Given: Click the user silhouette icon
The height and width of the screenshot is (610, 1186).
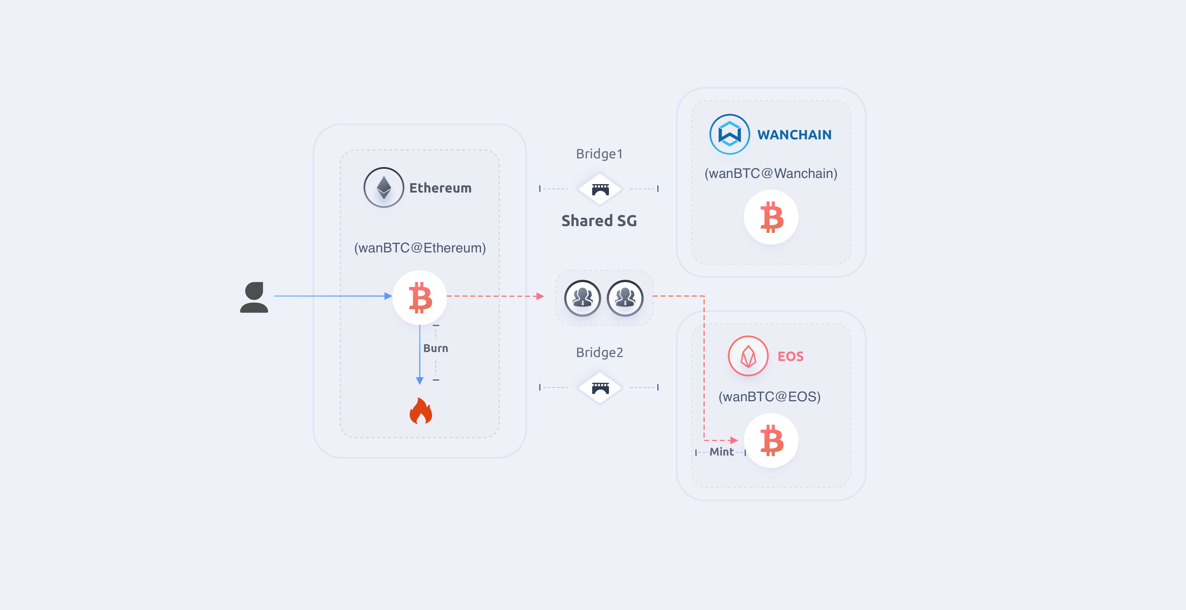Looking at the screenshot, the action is (254, 297).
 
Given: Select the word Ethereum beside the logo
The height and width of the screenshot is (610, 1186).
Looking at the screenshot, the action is (440, 188).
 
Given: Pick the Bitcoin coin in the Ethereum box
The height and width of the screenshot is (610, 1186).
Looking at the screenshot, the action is (420, 297).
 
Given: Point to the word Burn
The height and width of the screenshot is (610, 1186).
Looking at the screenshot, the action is (435, 348).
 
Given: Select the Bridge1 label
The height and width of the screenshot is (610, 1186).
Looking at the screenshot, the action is (599, 154).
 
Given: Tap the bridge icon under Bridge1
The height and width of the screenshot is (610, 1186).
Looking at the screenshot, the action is (600, 189).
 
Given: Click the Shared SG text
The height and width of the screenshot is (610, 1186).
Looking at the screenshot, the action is (599, 221).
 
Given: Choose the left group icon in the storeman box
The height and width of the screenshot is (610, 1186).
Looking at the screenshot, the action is (582, 298).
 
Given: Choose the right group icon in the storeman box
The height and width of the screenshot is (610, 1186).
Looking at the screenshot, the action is (625, 298).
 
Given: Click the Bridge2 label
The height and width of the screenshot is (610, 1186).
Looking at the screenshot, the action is (599, 353).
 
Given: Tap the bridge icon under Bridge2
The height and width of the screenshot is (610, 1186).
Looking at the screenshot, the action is (600, 388).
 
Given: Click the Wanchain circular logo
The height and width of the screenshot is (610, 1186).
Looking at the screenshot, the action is (730, 134).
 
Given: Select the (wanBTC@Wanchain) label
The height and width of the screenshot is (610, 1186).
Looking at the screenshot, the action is (771, 173).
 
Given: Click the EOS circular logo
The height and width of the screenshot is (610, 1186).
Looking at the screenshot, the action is (748, 356).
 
